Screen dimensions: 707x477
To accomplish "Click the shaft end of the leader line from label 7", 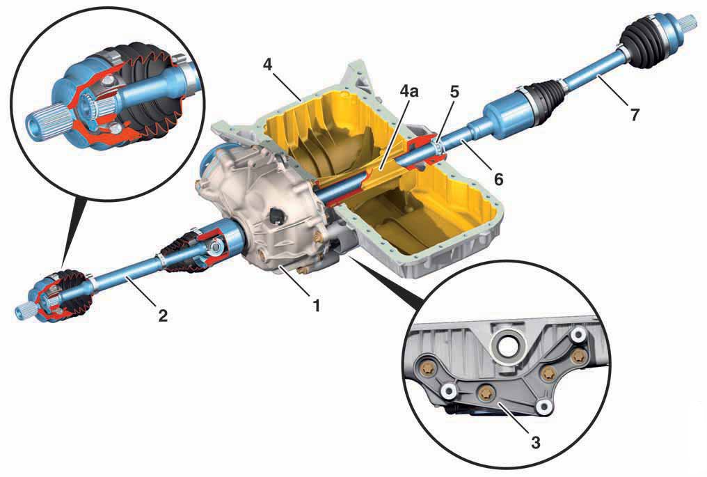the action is (596, 77).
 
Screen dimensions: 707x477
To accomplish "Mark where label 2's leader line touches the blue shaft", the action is (126, 279).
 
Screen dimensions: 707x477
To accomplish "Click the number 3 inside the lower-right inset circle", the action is (535, 443).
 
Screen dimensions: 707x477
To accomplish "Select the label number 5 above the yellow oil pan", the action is (454, 92).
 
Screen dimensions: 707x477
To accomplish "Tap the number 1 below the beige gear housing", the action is (317, 306).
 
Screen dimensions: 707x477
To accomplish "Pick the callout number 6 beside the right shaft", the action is (498, 180).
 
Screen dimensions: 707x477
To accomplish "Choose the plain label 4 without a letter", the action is (268, 65).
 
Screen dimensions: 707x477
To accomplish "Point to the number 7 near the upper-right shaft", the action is (635, 115).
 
